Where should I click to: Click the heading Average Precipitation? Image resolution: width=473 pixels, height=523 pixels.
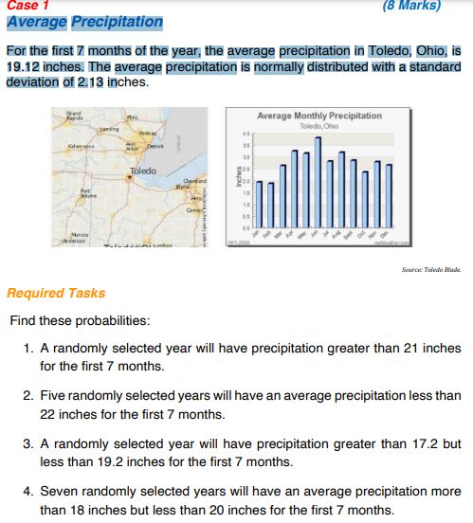click(83, 22)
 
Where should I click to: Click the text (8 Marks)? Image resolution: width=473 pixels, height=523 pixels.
click(412, 5)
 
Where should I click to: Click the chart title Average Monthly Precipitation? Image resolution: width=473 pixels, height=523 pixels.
click(318, 116)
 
